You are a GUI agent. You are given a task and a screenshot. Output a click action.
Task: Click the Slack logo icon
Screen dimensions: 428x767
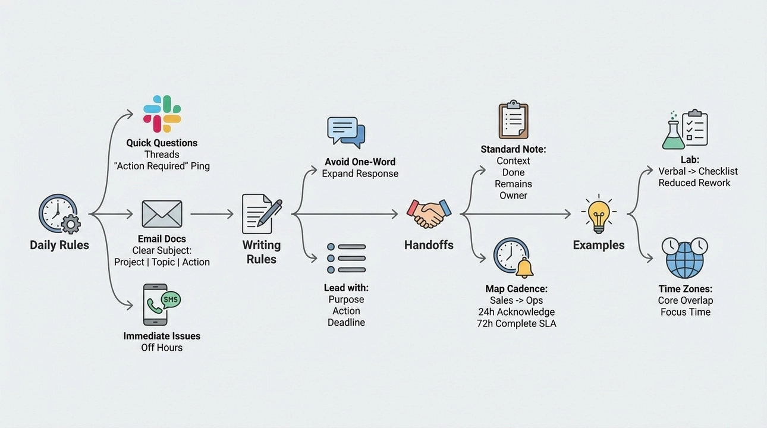click(x=162, y=114)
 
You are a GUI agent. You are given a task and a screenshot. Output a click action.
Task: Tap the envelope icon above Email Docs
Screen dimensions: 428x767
click(x=162, y=213)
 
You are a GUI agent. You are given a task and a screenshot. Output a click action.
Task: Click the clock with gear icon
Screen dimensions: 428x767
click(x=59, y=214)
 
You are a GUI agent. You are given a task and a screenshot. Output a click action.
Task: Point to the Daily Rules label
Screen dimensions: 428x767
click(x=59, y=245)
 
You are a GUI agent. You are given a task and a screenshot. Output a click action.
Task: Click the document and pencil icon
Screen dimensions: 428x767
click(x=261, y=213)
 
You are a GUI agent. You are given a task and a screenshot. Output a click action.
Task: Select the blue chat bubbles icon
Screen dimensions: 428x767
click(x=346, y=132)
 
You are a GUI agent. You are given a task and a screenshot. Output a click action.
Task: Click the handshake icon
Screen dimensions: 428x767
click(x=429, y=213)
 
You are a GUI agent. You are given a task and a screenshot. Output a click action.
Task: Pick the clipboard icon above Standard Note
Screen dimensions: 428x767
click(x=513, y=120)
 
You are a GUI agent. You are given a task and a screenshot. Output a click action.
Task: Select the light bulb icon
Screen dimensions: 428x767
click(x=598, y=214)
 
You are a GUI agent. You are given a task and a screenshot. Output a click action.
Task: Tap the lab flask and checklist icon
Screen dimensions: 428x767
click(x=684, y=130)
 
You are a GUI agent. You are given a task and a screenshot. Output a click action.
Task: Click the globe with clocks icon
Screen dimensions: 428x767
click(x=685, y=257)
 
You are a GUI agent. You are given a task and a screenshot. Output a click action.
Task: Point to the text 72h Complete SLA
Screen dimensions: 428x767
click(x=516, y=323)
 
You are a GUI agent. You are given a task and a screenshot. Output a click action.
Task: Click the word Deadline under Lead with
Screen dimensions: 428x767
click(x=346, y=322)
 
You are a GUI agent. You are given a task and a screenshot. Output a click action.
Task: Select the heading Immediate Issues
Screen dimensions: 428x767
click(x=162, y=336)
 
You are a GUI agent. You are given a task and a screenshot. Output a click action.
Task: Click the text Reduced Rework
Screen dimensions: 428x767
click(x=694, y=182)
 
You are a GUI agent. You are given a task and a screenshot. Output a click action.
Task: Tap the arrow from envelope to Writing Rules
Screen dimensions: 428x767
click(x=211, y=214)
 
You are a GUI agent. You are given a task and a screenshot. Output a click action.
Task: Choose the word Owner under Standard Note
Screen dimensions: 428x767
click(x=513, y=195)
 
